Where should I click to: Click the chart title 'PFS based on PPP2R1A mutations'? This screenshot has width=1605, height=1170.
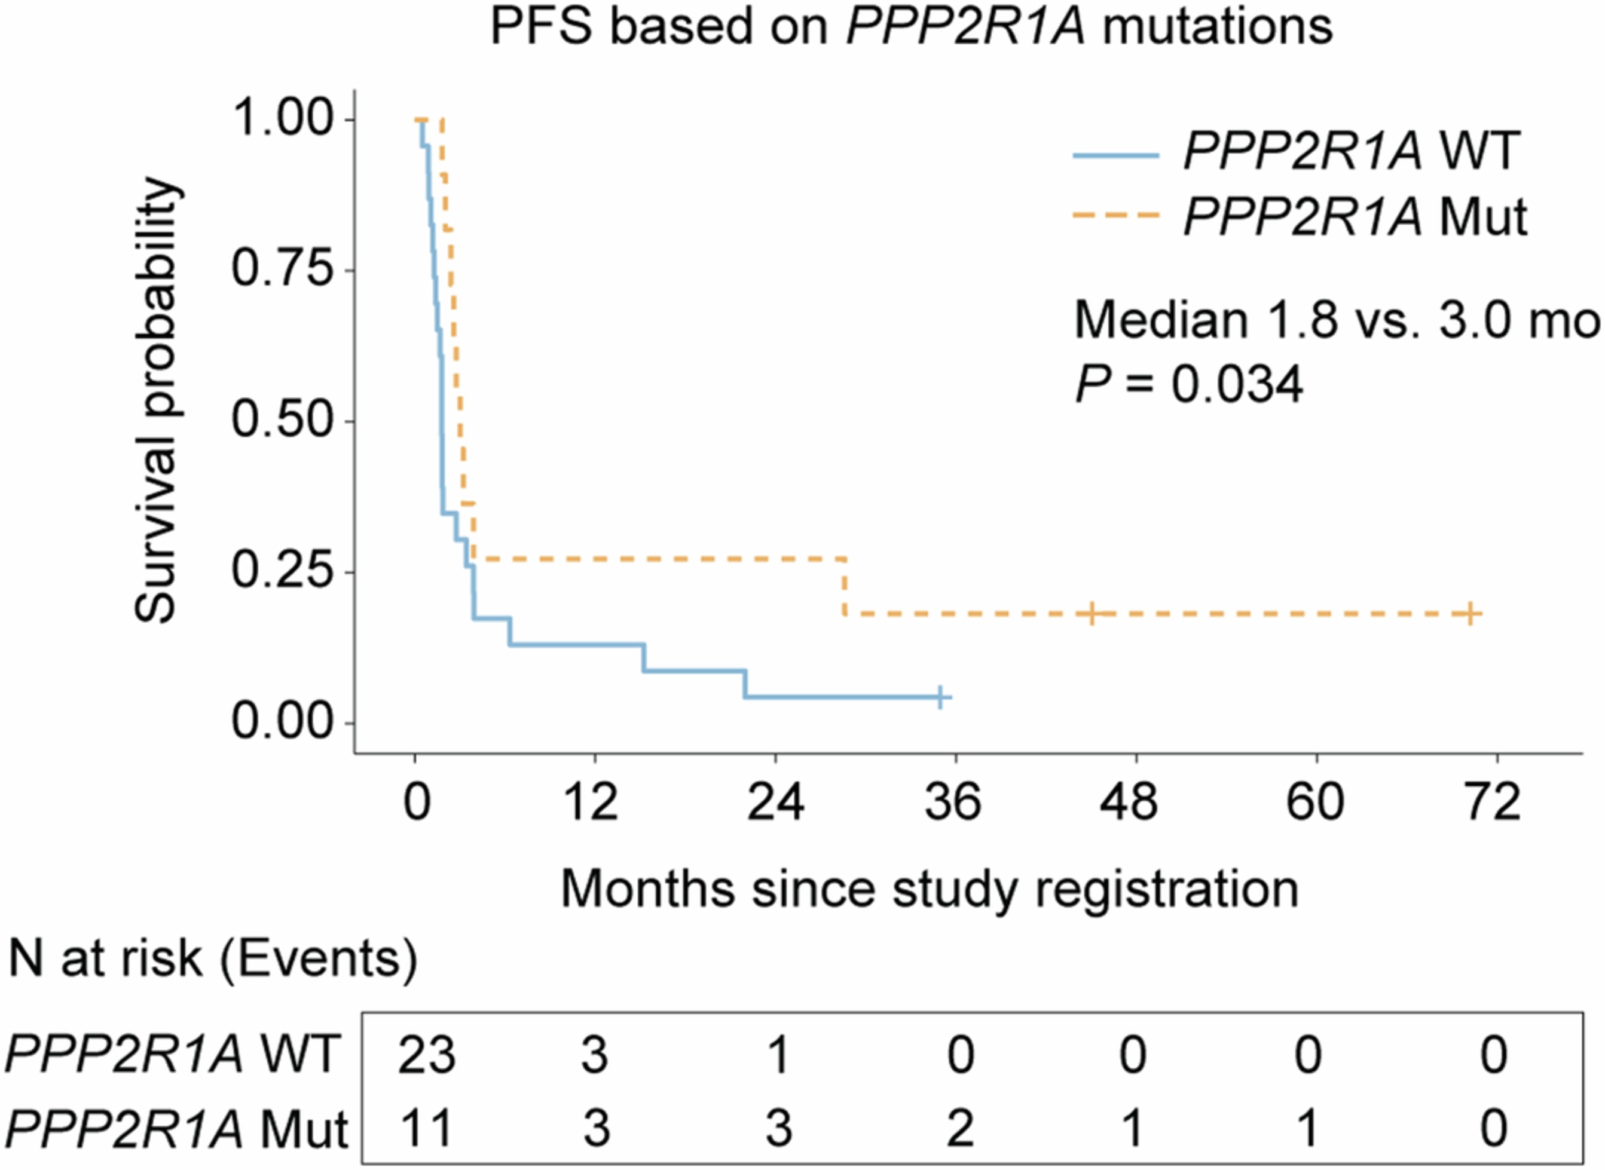coord(912,28)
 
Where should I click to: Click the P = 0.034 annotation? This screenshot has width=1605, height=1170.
coord(1188,386)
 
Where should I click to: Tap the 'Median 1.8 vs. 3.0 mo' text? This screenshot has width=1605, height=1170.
coord(1335,321)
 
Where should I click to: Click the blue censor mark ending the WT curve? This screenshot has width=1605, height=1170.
coord(941,697)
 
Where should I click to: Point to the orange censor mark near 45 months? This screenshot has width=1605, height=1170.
coord(1092,613)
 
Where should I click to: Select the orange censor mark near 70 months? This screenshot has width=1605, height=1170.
coord(1470,613)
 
